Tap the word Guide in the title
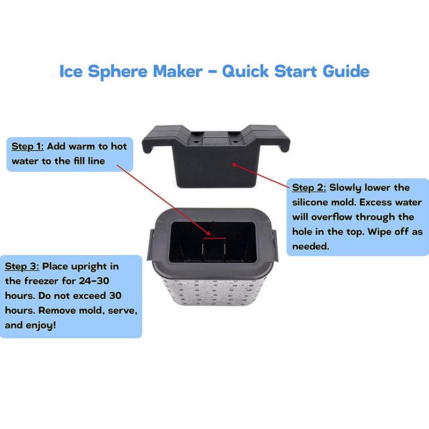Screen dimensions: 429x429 pyautogui.click(x=346, y=71)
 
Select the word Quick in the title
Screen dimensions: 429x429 pyautogui.click(x=246, y=72)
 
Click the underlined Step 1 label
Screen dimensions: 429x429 pyautogui.click(x=27, y=146)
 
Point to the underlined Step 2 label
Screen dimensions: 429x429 pyautogui.click(x=309, y=188)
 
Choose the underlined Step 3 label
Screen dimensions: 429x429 pyautogui.click(x=22, y=267)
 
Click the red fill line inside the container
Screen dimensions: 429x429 pyautogui.click(x=214, y=238)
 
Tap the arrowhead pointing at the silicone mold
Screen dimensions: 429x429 pyautogui.click(x=234, y=165)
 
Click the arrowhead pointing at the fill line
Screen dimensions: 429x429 pyautogui.click(x=209, y=234)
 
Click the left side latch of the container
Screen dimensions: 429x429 pyautogui.click(x=150, y=245)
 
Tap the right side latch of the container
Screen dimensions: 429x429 pyautogui.click(x=275, y=245)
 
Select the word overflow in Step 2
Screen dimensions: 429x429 pyautogui.click(x=331, y=217)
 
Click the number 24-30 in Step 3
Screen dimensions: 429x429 pyautogui.click(x=94, y=281)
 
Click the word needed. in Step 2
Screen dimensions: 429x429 pyautogui.click(x=310, y=246)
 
